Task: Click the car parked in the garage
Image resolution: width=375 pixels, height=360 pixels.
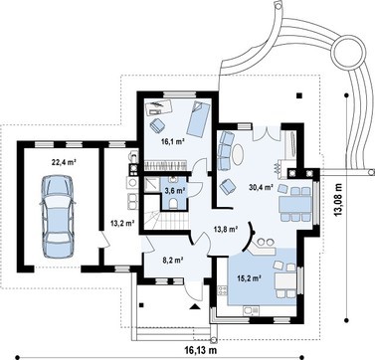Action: [x=57, y=217]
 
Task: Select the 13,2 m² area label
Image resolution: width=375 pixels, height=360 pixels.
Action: [x=122, y=223]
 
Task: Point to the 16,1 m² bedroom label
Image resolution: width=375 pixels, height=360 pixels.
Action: [x=172, y=142]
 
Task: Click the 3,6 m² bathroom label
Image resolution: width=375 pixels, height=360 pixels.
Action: [x=175, y=190]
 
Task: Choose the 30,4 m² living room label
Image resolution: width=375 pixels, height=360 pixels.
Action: [x=261, y=187]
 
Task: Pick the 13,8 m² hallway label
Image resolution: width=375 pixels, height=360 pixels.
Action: [x=226, y=229]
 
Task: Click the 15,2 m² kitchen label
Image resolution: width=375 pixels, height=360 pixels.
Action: [x=249, y=278]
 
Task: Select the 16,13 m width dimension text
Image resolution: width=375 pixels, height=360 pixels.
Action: [x=201, y=349]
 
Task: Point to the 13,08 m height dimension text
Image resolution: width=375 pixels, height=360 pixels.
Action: [x=338, y=200]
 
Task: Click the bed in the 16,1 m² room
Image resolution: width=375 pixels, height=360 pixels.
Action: [x=198, y=118]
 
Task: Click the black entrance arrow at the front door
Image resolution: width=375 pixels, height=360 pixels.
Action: [x=196, y=306]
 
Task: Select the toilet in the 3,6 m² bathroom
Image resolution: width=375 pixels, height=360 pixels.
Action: [x=174, y=204]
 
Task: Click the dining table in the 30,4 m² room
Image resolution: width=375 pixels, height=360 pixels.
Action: [x=295, y=204]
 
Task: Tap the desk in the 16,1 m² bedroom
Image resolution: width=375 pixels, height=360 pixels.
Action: [x=159, y=107]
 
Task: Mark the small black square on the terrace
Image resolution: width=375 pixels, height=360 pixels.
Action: [x=299, y=95]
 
